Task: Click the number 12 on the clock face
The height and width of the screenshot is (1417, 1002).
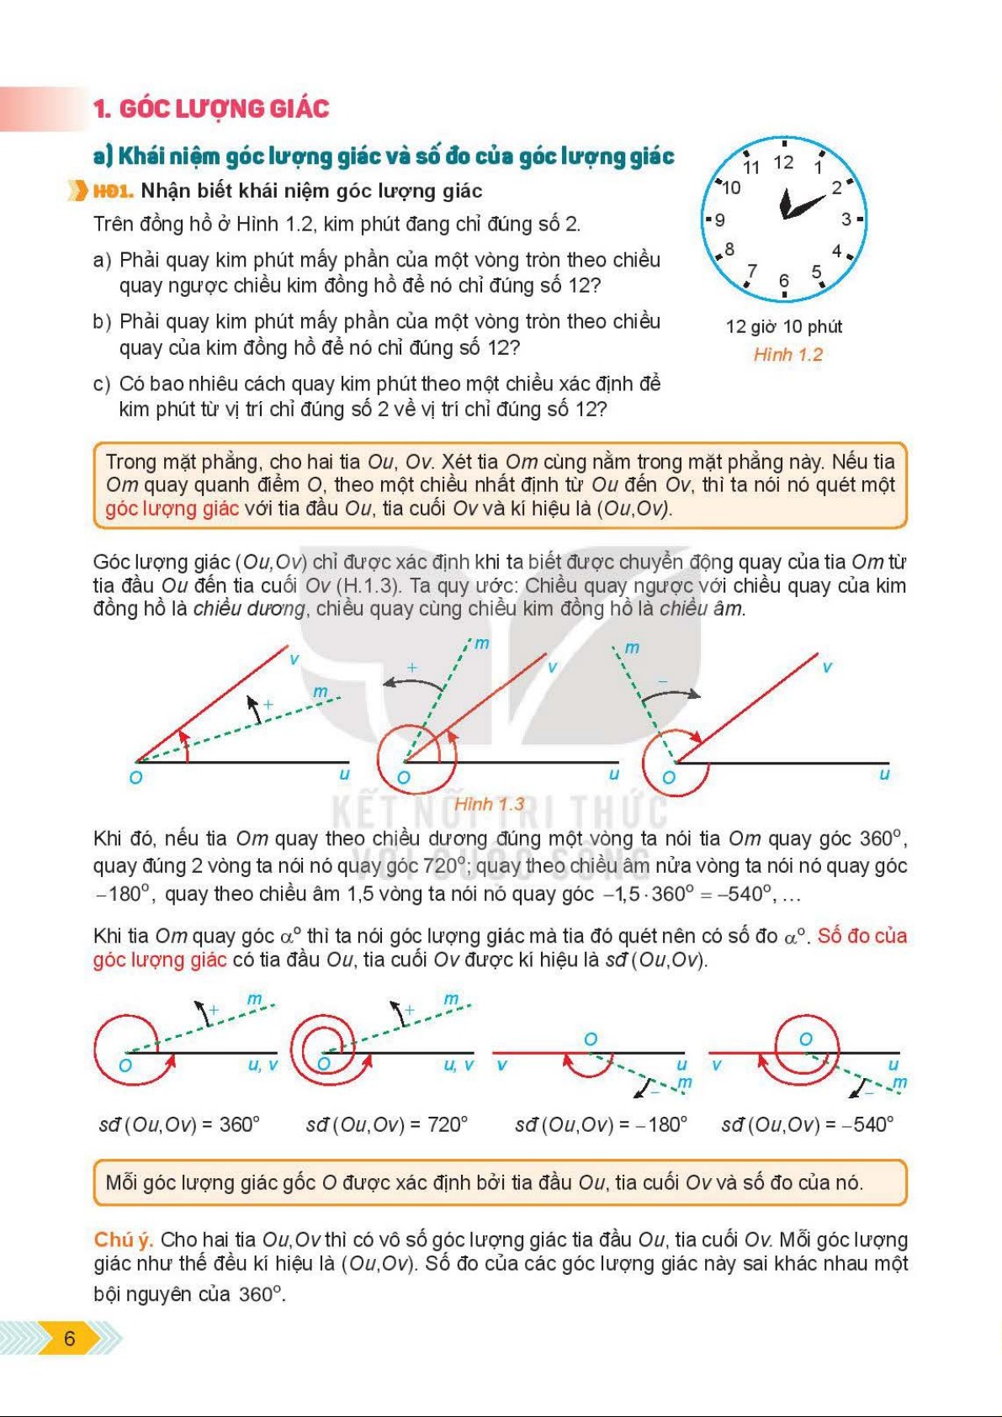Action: tap(783, 162)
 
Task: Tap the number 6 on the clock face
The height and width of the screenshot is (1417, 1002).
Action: tap(783, 281)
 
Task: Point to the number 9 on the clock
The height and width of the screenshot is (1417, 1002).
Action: tap(719, 220)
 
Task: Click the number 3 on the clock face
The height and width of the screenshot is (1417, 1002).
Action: tap(846, 219)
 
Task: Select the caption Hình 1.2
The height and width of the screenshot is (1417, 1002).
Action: tap(787, 355)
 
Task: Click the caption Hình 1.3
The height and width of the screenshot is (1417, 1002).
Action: tap(489, 804)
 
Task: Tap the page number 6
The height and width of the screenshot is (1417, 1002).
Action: tap(69, 1338)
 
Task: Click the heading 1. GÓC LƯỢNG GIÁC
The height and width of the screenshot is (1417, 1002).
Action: tap(211, 108)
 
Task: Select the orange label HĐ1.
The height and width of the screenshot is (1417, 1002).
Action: tap(113, 192)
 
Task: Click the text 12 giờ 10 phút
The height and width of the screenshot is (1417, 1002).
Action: tap(783, 327)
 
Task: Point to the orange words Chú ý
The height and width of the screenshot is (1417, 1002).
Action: tap(123, 1240)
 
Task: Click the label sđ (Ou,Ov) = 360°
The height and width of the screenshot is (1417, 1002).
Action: tap(179, 1124)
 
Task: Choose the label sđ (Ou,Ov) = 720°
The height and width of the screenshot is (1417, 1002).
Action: tap(386, 1124)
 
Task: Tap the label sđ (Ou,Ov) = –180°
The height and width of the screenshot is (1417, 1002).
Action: tap(601, 1124)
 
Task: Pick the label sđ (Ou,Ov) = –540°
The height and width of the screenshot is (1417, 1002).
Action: tap(807, 1124)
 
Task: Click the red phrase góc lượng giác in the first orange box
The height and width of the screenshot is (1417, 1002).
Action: tap(172, 509)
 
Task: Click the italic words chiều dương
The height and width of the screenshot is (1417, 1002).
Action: tap(248, 609)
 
